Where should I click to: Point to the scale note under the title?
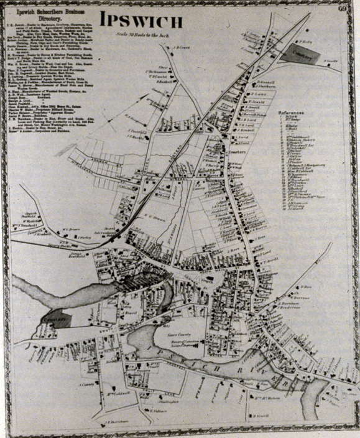coord(145,34)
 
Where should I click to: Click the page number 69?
coord(343,8)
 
